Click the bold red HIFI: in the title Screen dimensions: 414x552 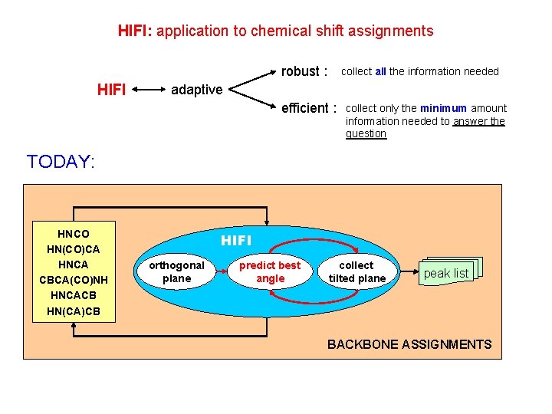click(x=136, y=31)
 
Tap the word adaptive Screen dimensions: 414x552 click(x=196, y=90)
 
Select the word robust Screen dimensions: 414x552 click(x=300, y=71)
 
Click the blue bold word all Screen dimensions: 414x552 click(x=381, y=72)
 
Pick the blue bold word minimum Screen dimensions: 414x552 click(x=449, y=109)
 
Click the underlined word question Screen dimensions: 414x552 click(x=366, y=134)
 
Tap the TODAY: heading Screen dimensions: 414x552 click(x=61, y=162)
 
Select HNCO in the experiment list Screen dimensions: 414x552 click(x=74, y=234)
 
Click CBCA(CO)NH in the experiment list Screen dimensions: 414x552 click(x=74, y=280)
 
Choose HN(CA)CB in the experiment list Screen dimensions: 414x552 click(x=74, y=310)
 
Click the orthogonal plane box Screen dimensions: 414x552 click(x=176, y=272)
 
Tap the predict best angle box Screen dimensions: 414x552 click(x=270, y=272)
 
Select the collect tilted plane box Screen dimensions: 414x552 click(x=357, y=272)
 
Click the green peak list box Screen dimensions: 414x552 click(x=446, y=274)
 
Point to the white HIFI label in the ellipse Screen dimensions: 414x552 click(x=236, y=241)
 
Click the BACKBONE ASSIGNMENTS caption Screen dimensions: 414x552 click(x=409, y=344)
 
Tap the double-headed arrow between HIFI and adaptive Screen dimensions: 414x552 click(x=149, y=90)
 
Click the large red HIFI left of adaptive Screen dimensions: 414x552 click(x=112, y=90)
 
